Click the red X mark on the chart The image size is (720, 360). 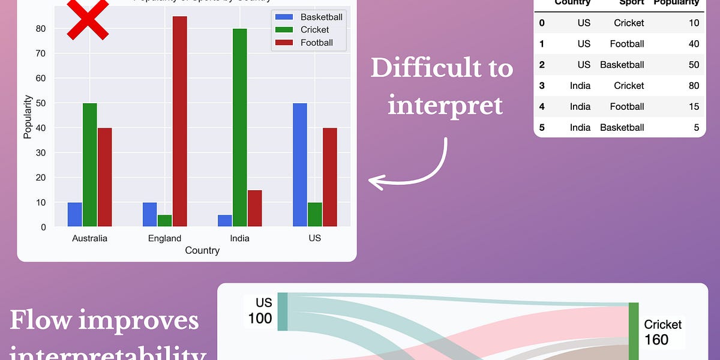87,18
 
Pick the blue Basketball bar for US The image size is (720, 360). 299,165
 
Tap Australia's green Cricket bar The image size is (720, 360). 89,165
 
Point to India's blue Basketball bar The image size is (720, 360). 224,220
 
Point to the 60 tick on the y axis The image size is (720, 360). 40,78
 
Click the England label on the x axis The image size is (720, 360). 164,238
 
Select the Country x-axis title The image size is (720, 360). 202,250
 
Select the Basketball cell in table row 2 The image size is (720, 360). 622,65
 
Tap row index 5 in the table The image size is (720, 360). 542,127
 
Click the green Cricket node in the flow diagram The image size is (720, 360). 634,330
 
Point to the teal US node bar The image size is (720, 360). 283,311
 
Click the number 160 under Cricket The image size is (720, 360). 656,340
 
